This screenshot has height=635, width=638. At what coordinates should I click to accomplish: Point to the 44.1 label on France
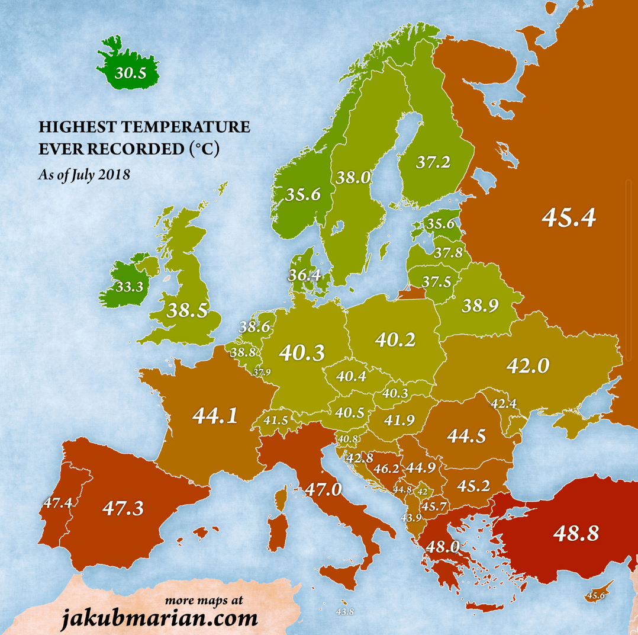tap(215, 415)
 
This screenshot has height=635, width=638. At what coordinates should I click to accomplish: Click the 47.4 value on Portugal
tap(57, 503)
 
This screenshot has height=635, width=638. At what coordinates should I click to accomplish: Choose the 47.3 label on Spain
tap(123, 508)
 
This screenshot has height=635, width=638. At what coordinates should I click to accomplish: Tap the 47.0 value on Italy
tap(323, 490)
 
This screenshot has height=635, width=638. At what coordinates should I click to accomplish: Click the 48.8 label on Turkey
tap(576, 534)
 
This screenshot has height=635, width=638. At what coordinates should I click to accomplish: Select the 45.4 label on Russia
tap(568, 218)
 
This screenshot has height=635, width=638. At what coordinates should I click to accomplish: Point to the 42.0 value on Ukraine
tap(528, 366)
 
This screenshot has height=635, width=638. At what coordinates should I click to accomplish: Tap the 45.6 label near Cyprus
tap(595, 595)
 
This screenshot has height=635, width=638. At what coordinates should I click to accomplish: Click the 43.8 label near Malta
tap(344, 612)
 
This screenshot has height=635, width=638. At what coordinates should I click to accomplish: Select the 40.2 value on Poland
tap(395, 339)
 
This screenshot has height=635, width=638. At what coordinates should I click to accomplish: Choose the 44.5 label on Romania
tap(466, 436)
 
